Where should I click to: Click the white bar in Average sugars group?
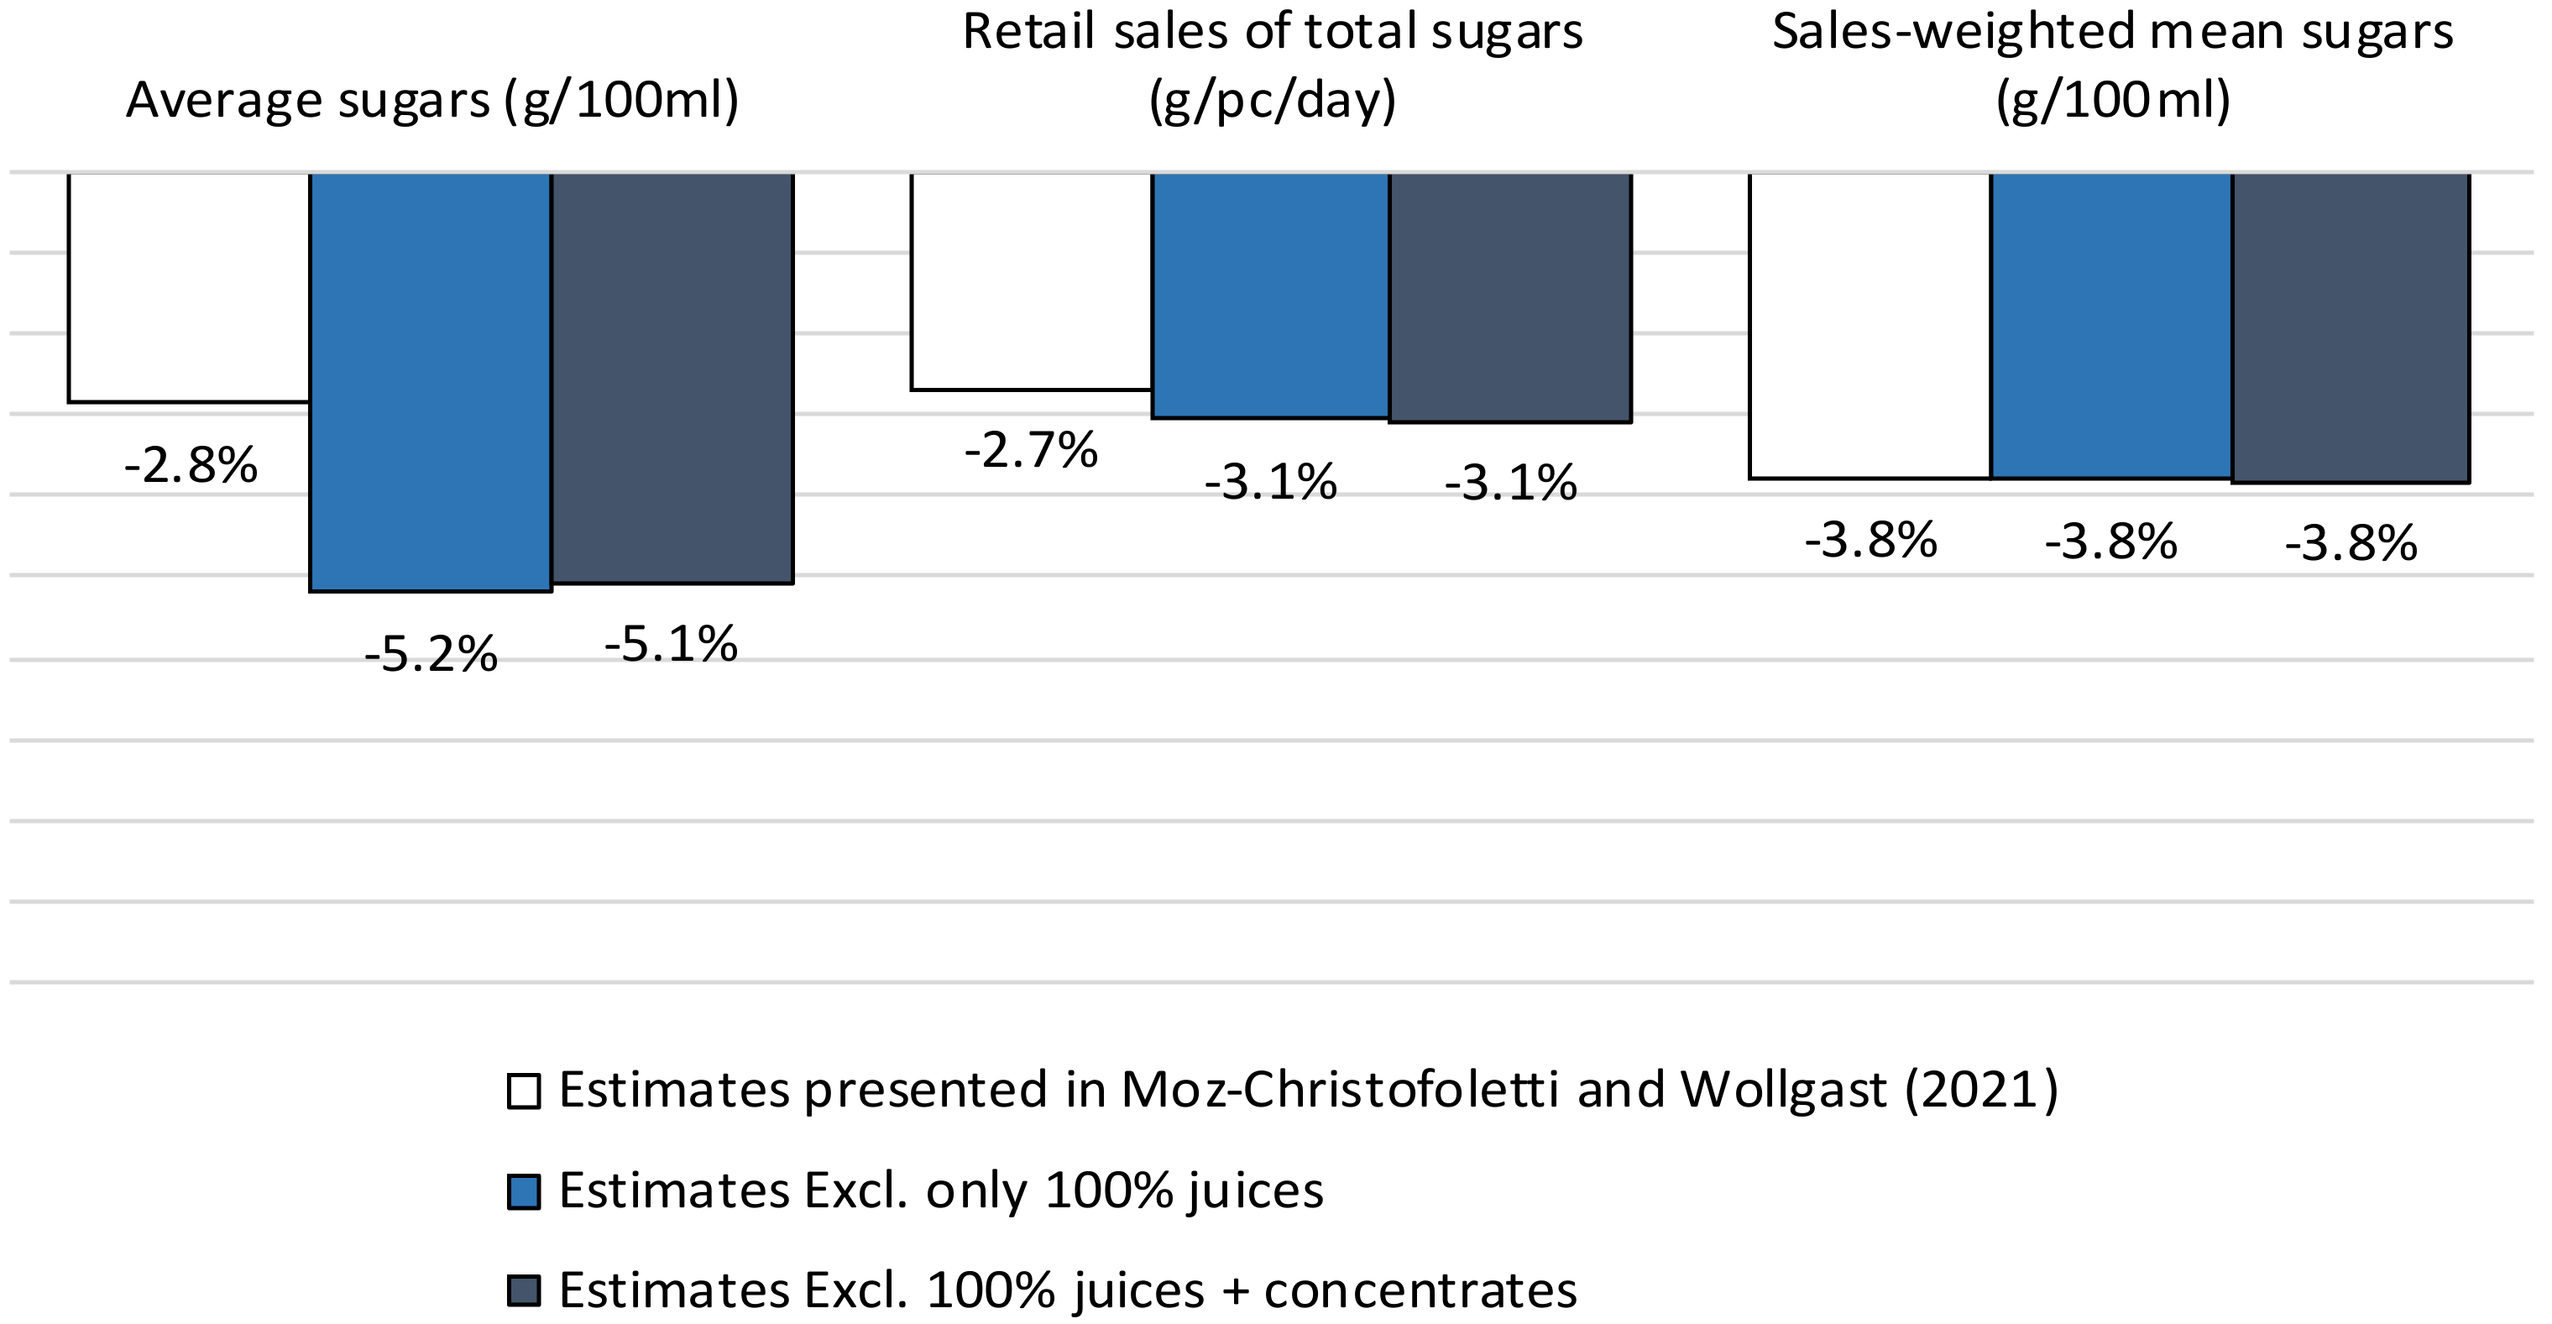[x=188, y=287]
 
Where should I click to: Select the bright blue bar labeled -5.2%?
[x=430, y=381]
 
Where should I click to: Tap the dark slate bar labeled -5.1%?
[x=672, y=378]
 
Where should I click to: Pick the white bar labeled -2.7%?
[x=1030, y=281]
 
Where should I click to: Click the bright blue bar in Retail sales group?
[x=1270, y=296]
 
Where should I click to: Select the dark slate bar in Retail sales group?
[x=1510, y=297]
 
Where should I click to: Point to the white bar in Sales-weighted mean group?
[x=1870, y=326]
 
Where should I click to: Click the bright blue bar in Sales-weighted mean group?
[x=2110, y=326]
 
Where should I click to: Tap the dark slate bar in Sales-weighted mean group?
[x=2350, y=328]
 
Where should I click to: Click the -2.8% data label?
[x=191, y=465]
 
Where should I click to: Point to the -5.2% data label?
[x=430, y=654]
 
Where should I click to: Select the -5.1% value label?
[x=671, y=644]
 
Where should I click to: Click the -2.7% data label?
[x=1030, y=450]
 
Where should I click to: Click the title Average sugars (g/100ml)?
[x=432, y=100]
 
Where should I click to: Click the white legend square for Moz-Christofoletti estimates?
[x=523, y=1091]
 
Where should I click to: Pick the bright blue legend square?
[x=523, y=1191]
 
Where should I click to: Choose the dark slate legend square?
[x=523, y=1290]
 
